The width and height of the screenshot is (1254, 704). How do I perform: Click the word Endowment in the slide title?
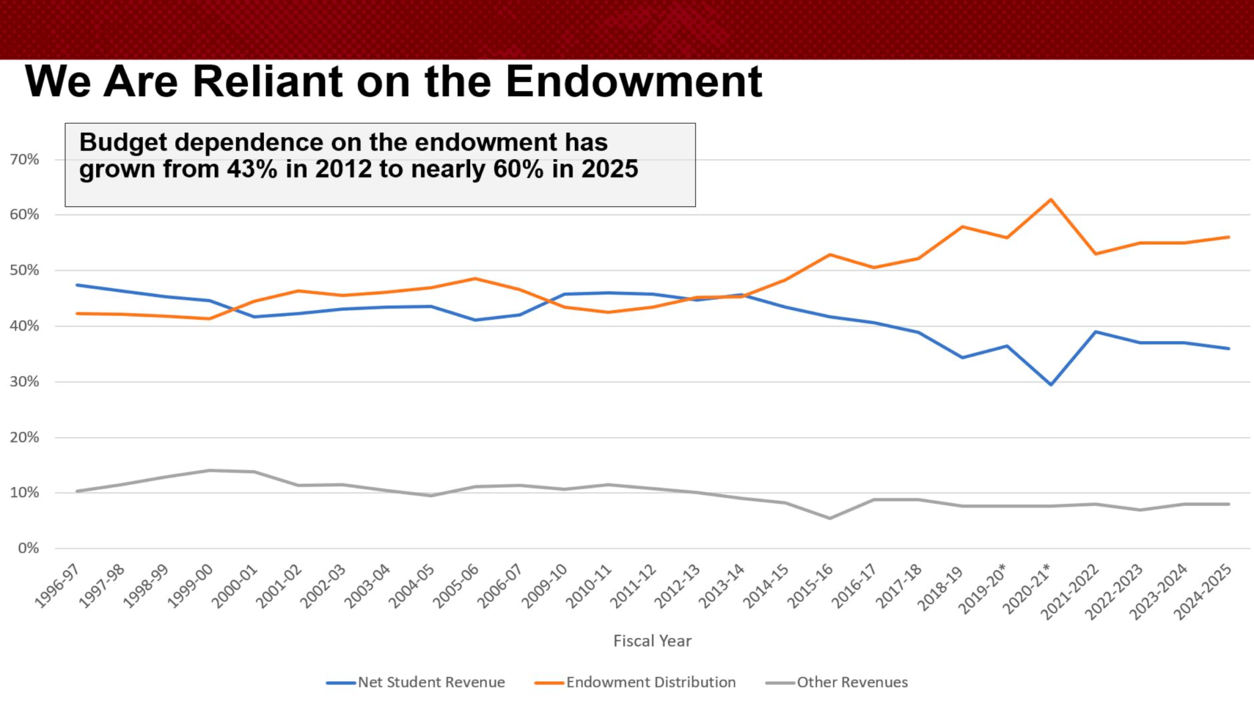(x=634, y=81)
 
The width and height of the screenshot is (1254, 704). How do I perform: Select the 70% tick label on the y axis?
(x=24, y=160)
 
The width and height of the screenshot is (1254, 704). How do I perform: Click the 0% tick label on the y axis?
(x=28, y=548)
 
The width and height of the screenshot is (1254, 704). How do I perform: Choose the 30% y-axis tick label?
(x=24, y=381)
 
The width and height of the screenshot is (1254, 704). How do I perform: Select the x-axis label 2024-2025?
(x=1202, y=591)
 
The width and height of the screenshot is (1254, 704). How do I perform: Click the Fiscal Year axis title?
(x=652, y=641)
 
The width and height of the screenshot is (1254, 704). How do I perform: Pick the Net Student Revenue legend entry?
(x=431, y=682)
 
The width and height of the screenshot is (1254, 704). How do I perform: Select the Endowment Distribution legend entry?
(x=650, y=682)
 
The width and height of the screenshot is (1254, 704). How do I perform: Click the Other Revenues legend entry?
(x=852, y=682)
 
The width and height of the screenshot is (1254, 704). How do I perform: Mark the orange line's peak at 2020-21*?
(x=1051, y=200)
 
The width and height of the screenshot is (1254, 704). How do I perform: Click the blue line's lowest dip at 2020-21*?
(x=1051, y=384)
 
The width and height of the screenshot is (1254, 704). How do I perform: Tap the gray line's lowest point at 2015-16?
(x=830, y=519)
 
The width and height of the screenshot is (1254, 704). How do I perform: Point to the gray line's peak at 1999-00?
(x=209, y=470)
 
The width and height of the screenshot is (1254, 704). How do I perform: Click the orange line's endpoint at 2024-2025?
(x=1228, y=237)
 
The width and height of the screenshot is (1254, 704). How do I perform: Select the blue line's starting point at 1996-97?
(x=77, y=285)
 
